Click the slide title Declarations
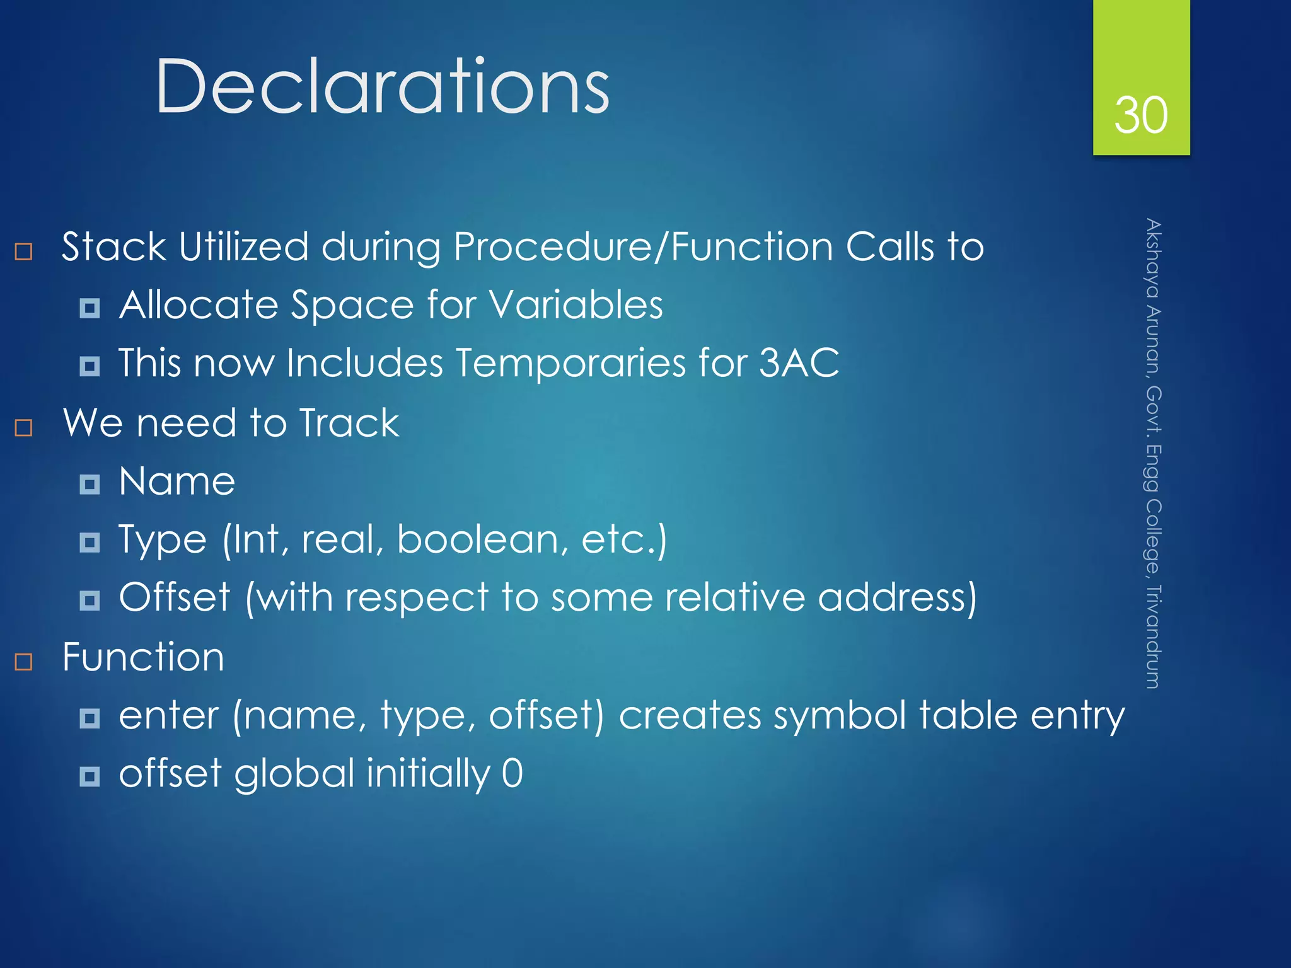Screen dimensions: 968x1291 click(x=382, y=86)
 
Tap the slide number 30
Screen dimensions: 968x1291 click(x=1140, y=115)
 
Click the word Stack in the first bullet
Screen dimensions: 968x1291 click(x=113, y=246)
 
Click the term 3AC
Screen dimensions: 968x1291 click(x=799, y=363)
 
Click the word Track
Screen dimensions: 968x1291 click(x=349, y=423)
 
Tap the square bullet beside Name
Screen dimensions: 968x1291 click(x=90, y=484)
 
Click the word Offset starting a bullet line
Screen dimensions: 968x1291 click(x=175, y=597)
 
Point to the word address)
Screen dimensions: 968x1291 click(x=897, y=597)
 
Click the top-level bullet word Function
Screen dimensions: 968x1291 click(x=143, y=657)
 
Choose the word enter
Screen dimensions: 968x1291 click(x=168, y=716)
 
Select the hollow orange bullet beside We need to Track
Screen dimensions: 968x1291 click(x=23, y=428)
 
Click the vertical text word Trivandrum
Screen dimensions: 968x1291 click(x=1153, y=637)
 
